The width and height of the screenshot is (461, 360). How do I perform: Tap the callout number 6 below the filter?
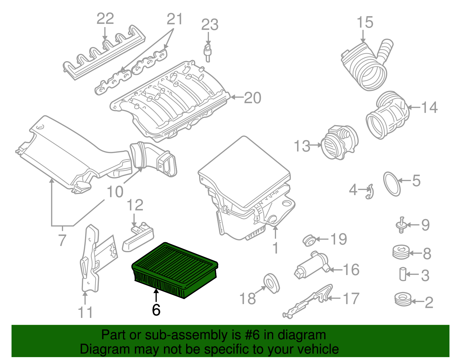(156, 310)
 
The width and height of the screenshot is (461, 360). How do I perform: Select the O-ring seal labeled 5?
(392, 184)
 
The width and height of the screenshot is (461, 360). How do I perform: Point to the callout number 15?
(365, 22)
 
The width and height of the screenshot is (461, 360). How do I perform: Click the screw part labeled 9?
(400, 225)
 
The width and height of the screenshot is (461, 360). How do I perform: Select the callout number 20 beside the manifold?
(252, 98)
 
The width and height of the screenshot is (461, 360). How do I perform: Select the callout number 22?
(105, 19)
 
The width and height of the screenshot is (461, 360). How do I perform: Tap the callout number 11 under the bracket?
(85, 312)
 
